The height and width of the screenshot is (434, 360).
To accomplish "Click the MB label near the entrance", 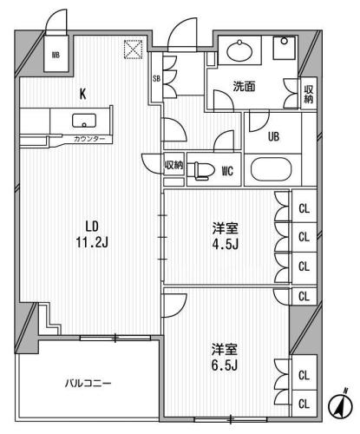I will coord(56,56).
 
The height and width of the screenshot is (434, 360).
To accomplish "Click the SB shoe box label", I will coord(157,79).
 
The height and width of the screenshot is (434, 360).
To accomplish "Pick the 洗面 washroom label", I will coord(245,87).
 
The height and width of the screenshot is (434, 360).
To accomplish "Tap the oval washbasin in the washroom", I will coord(239,51).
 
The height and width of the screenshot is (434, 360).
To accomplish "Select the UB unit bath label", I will coord(272,135).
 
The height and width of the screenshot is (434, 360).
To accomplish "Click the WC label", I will coord(230,169).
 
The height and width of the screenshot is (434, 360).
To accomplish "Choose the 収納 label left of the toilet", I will coord(173,165).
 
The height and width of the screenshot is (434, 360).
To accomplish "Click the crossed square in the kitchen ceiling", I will coord(133,51).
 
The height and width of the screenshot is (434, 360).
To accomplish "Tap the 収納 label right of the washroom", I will coord(309,92).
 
